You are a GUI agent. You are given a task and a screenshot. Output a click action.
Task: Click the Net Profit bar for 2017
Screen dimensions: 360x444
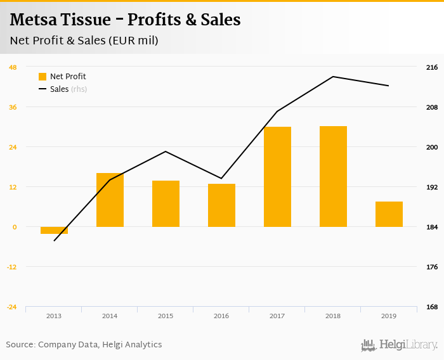point(277,177)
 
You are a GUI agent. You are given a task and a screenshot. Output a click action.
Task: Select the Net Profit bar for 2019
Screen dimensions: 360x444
point(389,214)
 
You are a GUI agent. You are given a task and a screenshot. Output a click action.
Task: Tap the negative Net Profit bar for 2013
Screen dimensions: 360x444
point(54,230)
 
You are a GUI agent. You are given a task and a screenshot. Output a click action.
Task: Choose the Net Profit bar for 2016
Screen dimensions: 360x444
point(221,205)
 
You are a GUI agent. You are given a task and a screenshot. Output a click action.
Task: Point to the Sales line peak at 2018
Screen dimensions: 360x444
point(333,77)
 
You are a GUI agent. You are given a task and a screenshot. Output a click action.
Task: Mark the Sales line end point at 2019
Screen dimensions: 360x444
point(388,86)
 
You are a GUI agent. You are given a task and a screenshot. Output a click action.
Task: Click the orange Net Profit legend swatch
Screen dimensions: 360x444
point(42,77)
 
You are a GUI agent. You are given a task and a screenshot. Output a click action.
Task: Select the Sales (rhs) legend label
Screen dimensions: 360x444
point(68,89)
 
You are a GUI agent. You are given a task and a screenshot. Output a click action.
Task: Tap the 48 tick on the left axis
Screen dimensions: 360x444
point(13,67)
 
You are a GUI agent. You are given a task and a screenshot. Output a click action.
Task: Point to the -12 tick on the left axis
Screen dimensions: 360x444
point(13,267)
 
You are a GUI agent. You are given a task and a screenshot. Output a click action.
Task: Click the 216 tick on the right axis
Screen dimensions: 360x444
point(432,67)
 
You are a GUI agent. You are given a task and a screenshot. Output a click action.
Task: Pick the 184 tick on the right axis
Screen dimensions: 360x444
point(432,227)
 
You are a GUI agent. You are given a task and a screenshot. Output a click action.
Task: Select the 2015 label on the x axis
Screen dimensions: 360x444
point(166,316)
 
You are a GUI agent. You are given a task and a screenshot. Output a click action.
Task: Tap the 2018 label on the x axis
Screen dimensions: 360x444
point(333,316)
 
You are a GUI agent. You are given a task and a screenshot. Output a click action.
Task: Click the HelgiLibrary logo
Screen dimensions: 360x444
point(400,345)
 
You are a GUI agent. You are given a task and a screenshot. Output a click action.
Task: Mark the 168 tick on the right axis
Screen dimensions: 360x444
point(432,307)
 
